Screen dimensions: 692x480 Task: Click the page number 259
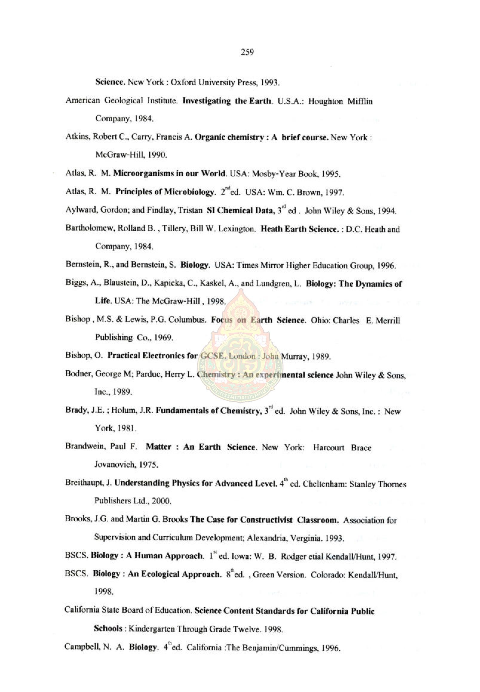(247, 53)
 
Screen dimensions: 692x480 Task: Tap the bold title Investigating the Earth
(227, 101)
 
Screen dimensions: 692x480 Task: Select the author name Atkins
(77, 137)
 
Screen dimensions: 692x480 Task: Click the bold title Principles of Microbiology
(165, 192)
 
